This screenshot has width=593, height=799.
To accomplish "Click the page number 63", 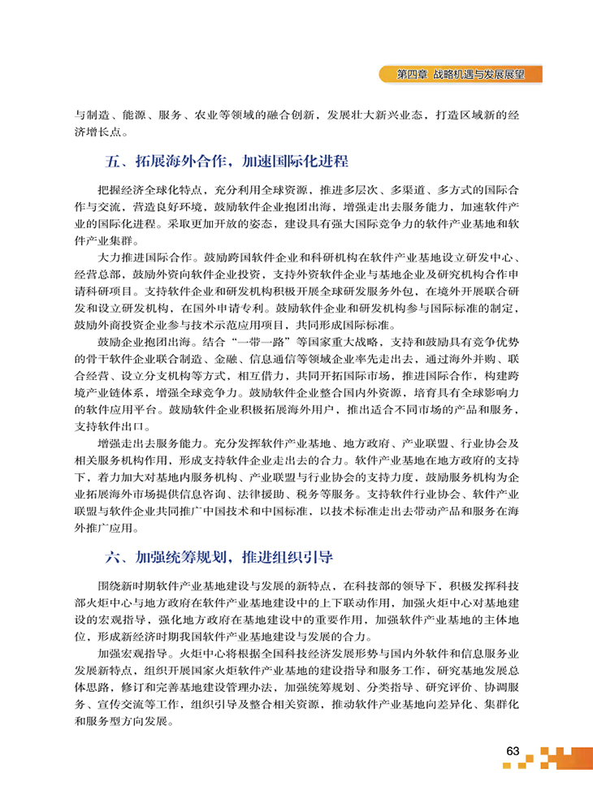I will tap(512, 751).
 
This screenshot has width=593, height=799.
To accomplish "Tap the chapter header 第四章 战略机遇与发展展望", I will tap(459, 74).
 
